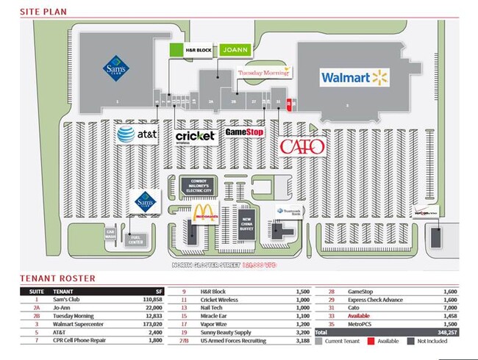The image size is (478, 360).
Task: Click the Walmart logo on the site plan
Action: pos(353,76)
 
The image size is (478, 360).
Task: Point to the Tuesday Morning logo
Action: pos(264,73)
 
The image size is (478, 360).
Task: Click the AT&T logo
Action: pos(137,134)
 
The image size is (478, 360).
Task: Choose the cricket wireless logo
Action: pos(195,136)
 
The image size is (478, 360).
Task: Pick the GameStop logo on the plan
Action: pos(244,132)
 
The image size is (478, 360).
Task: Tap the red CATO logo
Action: pos(302,146)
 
